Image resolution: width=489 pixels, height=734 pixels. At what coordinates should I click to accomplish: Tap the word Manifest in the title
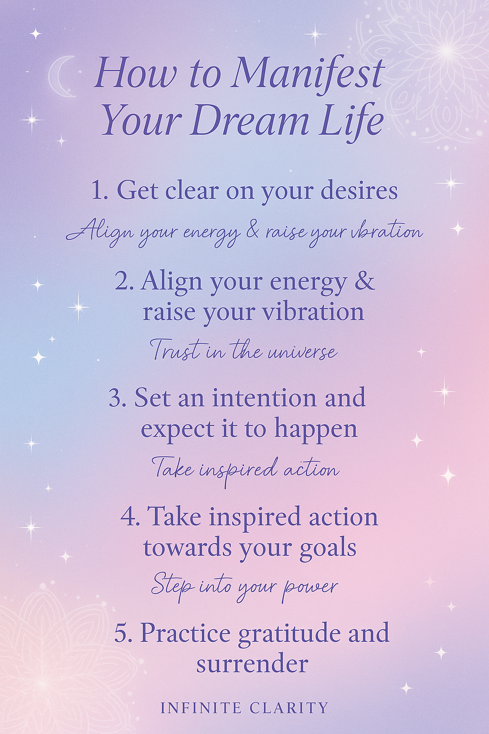pyautogui.click(x=308, y=74)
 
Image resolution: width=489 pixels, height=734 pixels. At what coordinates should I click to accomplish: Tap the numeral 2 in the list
pyautogui.click(x=122, y=281)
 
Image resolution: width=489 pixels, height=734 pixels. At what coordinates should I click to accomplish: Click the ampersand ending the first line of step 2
pyautogui.click(x=365, y=281)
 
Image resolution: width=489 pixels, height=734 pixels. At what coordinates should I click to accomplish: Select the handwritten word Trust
pyautogui.click(x=175, y=350)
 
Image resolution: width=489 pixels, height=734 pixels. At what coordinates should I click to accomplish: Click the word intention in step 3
pyautogui.click(x=264, y=398)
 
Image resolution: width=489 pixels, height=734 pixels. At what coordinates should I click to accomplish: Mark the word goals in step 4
pyautogui.click(x=328, y=548)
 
